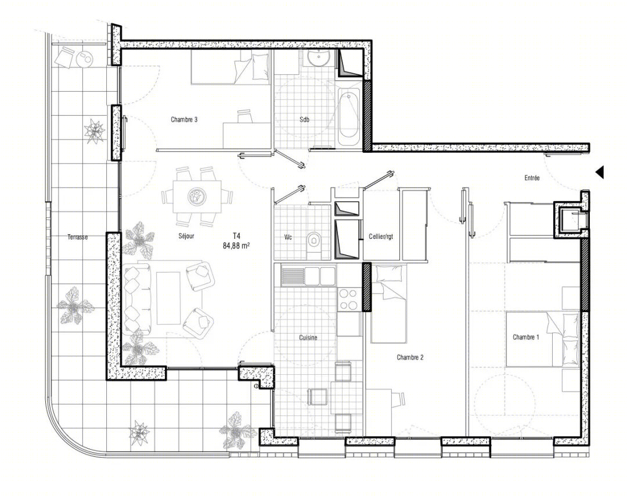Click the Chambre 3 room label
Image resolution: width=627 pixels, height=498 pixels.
[x=184, y=119]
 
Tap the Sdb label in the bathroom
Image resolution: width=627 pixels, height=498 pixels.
[x=304, y=119]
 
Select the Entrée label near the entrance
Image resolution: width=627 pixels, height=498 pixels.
[x=532, y=177]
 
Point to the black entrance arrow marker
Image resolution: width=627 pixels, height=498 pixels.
[x=599, y=172]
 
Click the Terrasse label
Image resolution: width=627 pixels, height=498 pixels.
[x=78, y=237]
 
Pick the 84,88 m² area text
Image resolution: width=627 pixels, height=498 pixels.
[x=236, y=245]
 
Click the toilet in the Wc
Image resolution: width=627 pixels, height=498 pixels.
[x=314, y=241]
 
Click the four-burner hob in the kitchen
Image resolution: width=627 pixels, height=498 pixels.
[x=348, y=299]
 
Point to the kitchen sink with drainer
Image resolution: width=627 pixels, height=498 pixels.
[x=308, y=276]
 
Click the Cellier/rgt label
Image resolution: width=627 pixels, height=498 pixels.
[x=381, y=237]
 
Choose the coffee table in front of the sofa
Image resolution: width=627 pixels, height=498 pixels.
[x=168, y=298]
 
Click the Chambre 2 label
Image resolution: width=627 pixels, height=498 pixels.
[x=410, y=357]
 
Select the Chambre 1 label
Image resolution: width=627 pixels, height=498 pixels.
[x=526, y=337]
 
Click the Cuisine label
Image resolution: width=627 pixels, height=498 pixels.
[x=308, y=338]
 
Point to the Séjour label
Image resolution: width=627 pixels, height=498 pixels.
[x=186, y=236]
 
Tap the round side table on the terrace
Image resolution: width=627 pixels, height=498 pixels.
[x=85, y=60]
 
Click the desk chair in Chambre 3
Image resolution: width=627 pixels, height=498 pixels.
[x=245, y=116]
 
